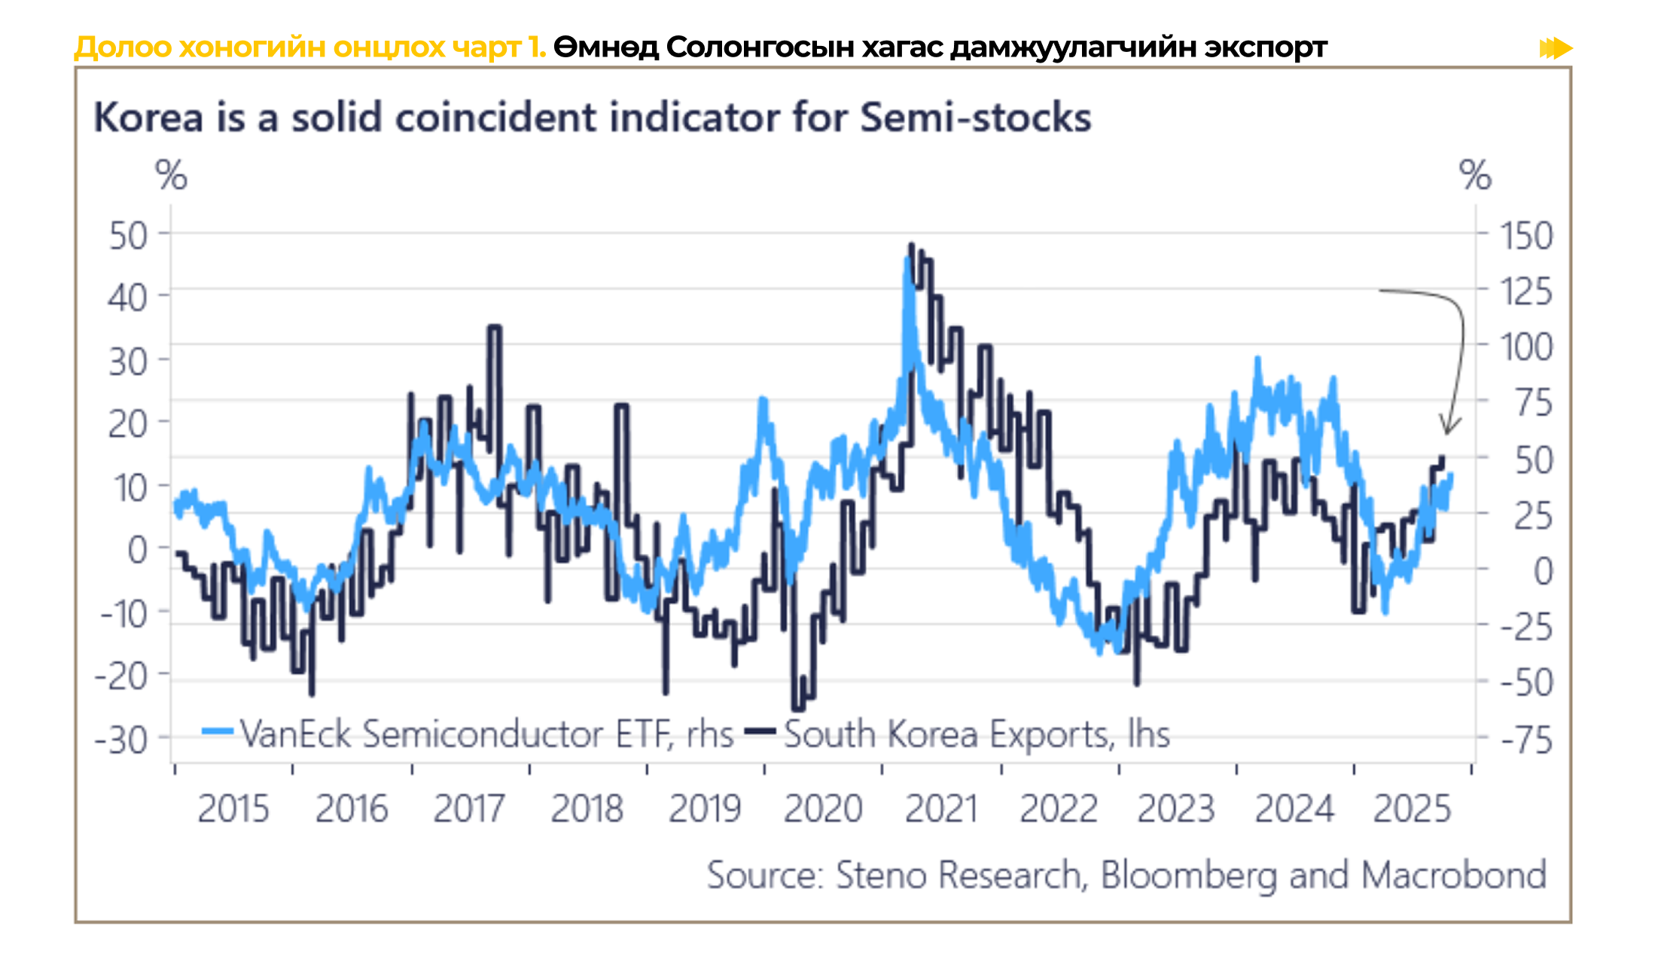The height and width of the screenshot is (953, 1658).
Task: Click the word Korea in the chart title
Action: (148, 118)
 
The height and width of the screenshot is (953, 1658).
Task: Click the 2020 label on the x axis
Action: (823, 809)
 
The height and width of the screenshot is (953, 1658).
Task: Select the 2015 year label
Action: (233, 809)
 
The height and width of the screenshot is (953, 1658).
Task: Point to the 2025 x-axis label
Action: (1412, 809)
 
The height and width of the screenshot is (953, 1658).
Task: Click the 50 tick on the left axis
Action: (129, 236)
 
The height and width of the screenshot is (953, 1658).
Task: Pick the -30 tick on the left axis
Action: (121, 740)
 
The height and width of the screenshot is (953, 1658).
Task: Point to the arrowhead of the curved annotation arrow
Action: (1446, 432)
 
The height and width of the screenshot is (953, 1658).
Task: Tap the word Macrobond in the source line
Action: (1453, 875)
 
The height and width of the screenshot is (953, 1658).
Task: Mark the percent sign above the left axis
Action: (171, 176)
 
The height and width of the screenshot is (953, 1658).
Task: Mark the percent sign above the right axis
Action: (1475, 176)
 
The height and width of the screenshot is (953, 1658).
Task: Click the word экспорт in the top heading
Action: (1266, 47)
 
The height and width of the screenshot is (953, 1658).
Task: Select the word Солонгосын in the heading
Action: (759, 47)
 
